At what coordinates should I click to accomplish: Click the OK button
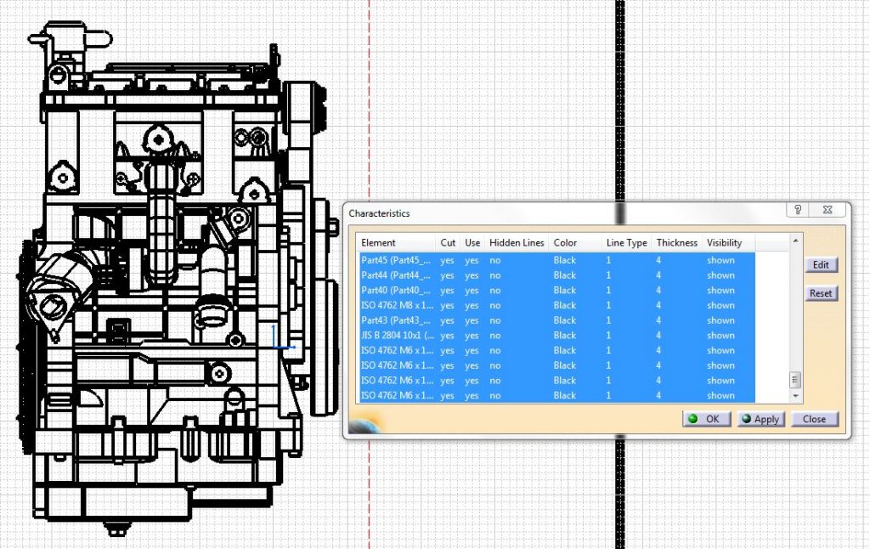(706, 419)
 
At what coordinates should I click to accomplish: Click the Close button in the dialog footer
(814, 419)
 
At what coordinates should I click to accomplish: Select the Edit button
(821, 264)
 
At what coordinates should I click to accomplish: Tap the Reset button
(821, 293)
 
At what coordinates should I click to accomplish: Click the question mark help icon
(798, 210)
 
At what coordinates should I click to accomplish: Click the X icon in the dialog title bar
(826, 210)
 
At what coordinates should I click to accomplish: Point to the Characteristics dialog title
(379, 213)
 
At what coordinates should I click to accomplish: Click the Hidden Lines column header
(517, 243)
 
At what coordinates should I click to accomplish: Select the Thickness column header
(676, 243)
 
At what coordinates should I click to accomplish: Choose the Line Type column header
(626, 243)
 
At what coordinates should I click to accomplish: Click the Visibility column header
(724, 243)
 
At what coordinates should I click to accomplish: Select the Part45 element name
(396, 260)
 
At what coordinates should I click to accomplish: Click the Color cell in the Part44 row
(564, 275)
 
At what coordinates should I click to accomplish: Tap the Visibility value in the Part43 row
(720, 320)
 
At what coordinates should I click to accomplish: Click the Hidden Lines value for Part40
(495, 291)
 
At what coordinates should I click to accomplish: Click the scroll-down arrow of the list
(796, 396)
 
